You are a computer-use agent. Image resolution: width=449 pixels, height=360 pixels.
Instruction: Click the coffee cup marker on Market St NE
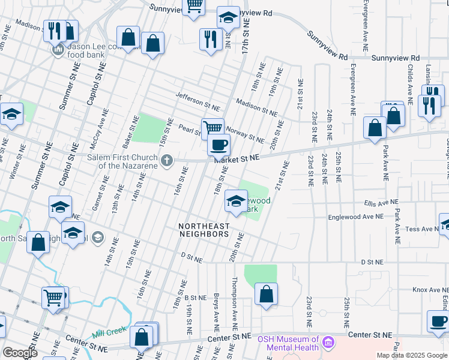pos(219,145)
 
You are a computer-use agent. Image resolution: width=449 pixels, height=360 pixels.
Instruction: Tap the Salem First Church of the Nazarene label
pos(124,161)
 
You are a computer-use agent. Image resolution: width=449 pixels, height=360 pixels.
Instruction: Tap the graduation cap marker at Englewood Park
pos(236,201)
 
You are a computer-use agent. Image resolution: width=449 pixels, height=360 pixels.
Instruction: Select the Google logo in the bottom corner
pos(20,353)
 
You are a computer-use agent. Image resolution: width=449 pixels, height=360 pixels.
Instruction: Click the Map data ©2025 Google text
pos(412,355)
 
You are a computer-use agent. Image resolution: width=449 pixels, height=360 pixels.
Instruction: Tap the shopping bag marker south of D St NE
pos(266,295)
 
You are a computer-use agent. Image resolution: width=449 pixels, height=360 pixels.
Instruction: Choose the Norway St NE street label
pos(244,136)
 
